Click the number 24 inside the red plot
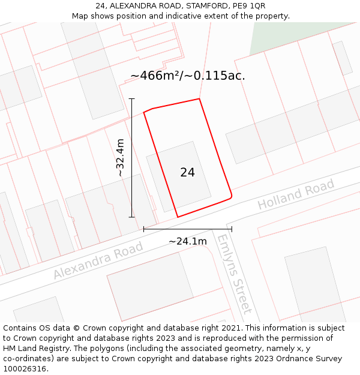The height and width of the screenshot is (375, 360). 187,172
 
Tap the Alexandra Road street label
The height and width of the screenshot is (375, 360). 98,260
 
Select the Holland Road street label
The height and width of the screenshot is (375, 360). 296,195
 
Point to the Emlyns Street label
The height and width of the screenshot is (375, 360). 233,274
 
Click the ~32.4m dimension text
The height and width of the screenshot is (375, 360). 120,158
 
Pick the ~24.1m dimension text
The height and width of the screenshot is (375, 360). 187,241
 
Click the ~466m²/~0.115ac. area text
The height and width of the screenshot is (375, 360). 187,76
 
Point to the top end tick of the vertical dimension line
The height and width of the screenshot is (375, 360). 131,99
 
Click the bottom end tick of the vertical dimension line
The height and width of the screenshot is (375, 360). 131,217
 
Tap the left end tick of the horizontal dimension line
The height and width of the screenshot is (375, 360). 143,229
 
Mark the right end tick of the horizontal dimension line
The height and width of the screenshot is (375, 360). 232,229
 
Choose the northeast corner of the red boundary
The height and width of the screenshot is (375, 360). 199,99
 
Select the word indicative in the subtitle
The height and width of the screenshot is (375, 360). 170,16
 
